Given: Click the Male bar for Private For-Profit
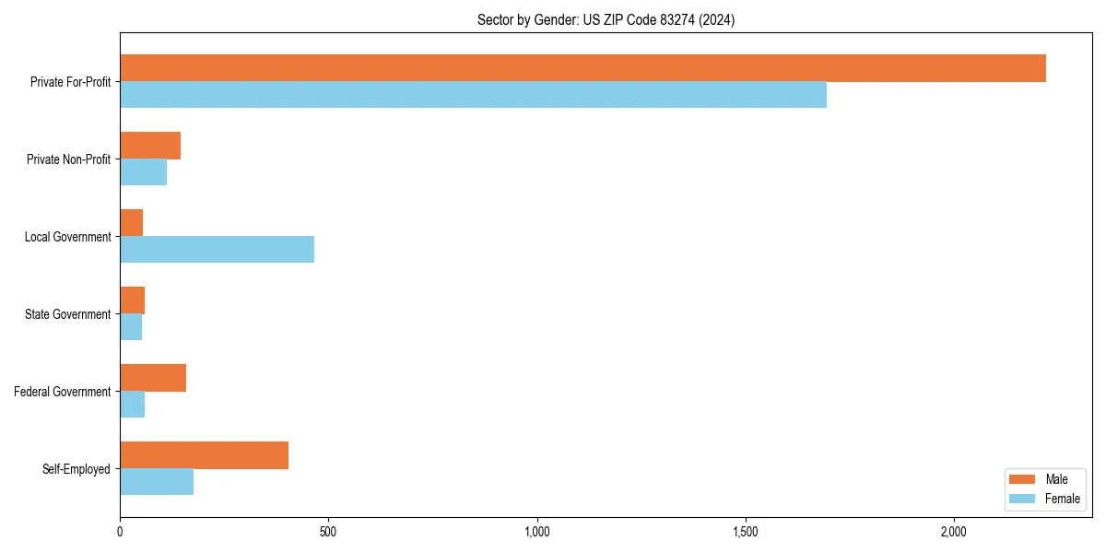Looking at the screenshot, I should click(582, 68).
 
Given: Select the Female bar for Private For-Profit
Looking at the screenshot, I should click(473, 95).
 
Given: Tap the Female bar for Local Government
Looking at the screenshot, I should click(217, 250).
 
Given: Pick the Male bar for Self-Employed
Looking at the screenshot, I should click(204, 455).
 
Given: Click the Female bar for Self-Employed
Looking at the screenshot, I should click(157, 482).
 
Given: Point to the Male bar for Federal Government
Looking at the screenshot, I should click(153, 378).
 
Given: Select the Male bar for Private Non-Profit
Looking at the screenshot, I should click(150, 146).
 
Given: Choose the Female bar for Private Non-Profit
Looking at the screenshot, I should click(143, 172).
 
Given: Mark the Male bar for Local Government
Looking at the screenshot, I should click(131, 223).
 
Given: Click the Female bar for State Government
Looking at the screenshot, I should click(131, 327).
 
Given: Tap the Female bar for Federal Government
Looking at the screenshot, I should click(132, 405).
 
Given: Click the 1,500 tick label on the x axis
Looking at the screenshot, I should click(745, 532).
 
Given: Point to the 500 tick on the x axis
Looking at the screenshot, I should click(328, 532).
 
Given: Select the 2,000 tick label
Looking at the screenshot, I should click(953, 532).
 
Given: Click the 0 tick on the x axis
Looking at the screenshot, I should click(120, 532).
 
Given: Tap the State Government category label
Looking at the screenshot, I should click(68, 314).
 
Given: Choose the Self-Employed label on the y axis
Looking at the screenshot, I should click(76, 469).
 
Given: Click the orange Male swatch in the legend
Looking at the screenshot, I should click(1023, 479).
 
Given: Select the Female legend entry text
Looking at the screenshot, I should click(1062, 499).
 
